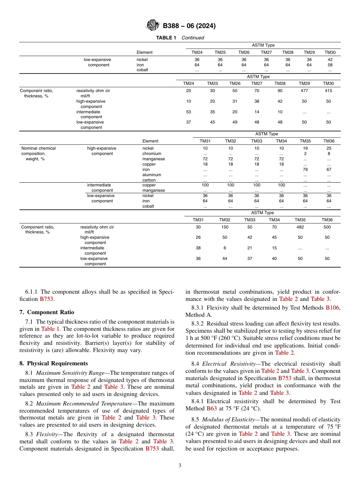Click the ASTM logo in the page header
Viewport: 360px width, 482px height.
coord(153,26)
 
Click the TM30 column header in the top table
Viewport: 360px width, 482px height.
coord(330,52)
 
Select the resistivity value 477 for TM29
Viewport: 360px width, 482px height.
coord(304,91)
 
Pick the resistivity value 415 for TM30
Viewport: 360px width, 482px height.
coord(328,91)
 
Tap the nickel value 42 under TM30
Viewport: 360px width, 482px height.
coord(330,59)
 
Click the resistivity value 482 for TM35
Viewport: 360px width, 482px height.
coord(300,227)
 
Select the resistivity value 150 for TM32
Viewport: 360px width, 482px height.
coord(225,227)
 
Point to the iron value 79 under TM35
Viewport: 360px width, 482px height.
coord(305,170)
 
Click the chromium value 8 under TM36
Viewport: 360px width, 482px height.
coord(329,154)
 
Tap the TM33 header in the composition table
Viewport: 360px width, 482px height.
coord(257,141)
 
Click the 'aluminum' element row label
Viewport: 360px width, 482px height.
coord(152,175)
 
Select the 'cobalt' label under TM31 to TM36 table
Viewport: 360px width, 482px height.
coord(148,207)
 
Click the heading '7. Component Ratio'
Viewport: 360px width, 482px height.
coord(47,312)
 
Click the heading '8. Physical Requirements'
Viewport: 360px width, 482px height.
coord(53,363)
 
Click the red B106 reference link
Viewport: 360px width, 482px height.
coord(333,308)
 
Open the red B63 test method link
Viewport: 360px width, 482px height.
coord(211,408)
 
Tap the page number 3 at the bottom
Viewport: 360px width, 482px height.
coord(180,466)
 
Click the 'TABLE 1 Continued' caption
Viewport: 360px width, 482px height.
coord(180,38)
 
